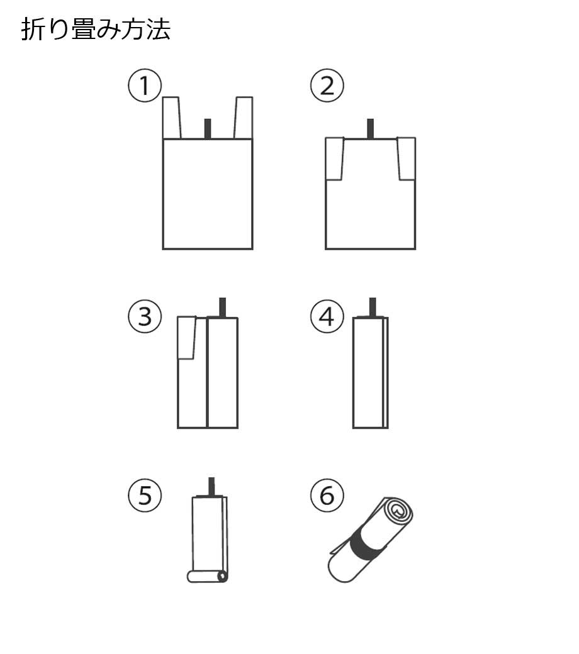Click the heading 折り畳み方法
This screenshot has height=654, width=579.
point(96,29)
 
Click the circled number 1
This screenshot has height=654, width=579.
point(145,86)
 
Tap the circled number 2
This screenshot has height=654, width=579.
point(327,86)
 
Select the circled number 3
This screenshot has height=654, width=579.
point(145,316)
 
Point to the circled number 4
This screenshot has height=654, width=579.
point(327,316)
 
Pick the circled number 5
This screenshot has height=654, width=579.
point(145,496)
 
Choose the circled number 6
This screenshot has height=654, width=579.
point(327,496)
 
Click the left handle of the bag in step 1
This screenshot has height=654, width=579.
point(171,118)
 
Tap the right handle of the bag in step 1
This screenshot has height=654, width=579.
point(244,118)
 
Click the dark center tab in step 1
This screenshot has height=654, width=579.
point(208,129)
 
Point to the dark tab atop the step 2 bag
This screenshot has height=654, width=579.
point(370,128)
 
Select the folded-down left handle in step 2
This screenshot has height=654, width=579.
point(334,158)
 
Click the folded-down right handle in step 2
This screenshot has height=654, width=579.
point(406,158)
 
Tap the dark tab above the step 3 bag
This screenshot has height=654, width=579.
point(223,308)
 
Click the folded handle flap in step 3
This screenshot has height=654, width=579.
point(187,338)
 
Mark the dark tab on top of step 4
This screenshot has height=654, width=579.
point(373,308)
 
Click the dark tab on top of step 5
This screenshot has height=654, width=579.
point(211,487)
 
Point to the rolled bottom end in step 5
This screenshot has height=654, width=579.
point(208,577)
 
